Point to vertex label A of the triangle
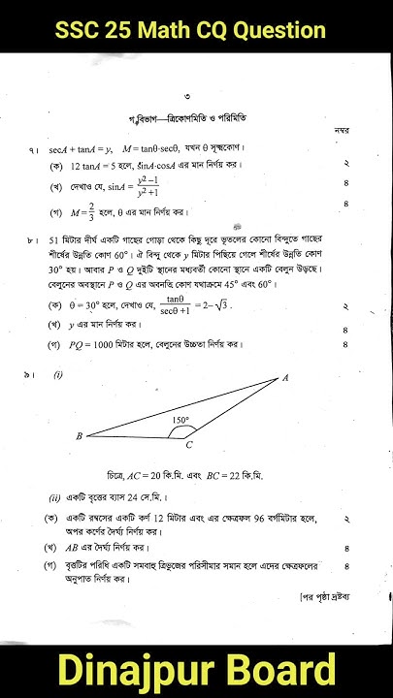click(286, 378)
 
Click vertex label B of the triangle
click(79, 436)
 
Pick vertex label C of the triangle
click(189, 445)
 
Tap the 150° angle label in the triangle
click(180, 420)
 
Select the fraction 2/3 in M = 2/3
click(102, 210)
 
